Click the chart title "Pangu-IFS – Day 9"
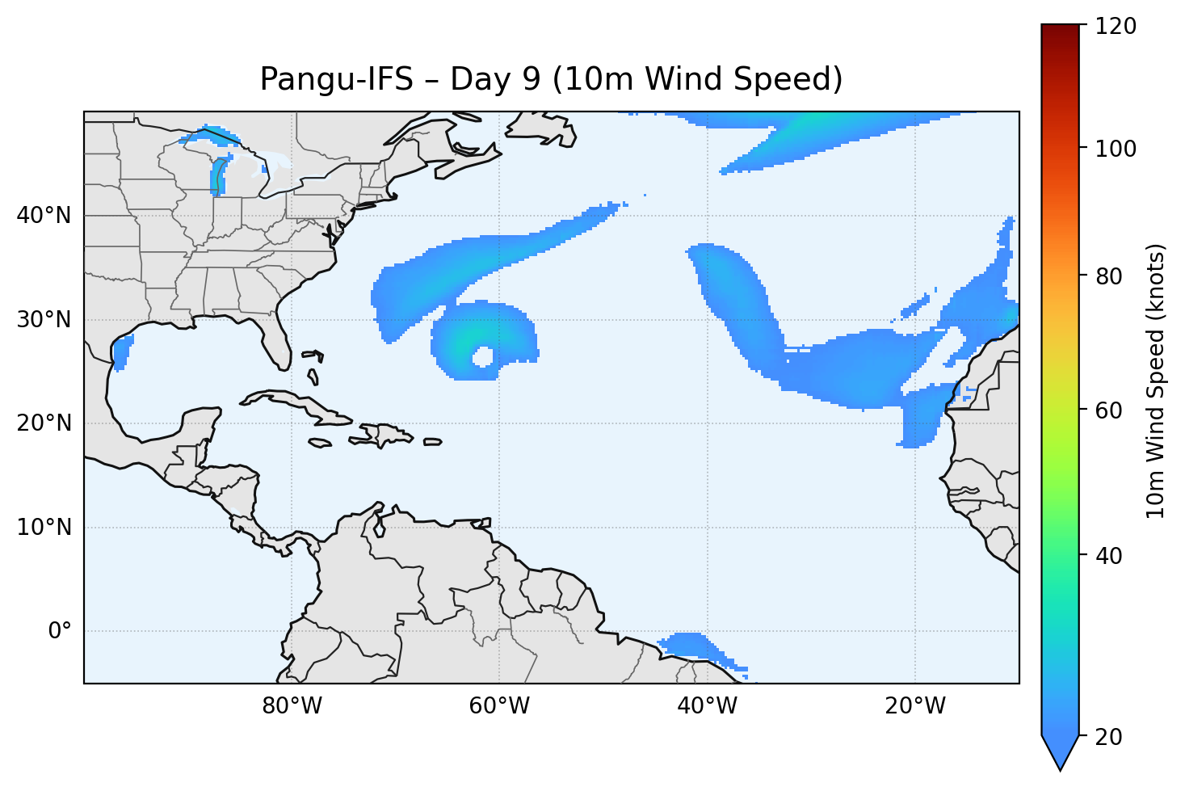click(x=551, y=80)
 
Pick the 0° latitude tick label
click(x=60, y=631)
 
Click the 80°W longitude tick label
click(x=292, y=706)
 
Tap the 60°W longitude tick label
click(x=499, y=706)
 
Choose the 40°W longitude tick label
click(x=708, y=706)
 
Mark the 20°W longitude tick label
click(x=915, y=706)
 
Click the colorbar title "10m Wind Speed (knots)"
click(x=1156, y=381)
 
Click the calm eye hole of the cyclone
click(x=483, y=356)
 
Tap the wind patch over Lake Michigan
click(x=217, y=176)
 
